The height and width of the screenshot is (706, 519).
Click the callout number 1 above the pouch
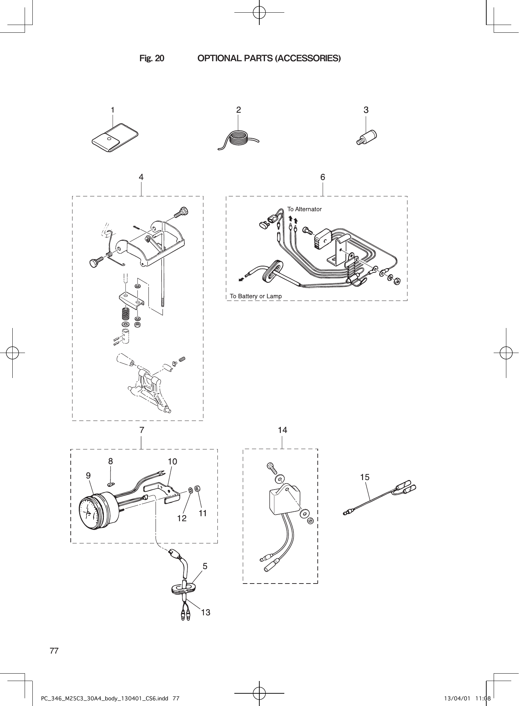click(x=113, y=110)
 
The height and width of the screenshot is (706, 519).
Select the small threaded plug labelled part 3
click(x=367, y=137)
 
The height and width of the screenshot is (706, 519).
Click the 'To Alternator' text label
click(x=304, y=209)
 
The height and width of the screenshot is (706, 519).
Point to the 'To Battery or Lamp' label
click(x=256, y=296)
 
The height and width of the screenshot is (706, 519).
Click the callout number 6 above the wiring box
click(x=323, y=177)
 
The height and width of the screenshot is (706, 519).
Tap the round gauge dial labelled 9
click(x=90, y=511)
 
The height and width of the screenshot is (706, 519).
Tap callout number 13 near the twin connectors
click(x=205, y=612)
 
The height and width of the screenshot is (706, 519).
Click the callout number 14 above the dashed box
click(x=283, y=430)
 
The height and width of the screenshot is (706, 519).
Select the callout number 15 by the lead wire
click(x=365, y=477)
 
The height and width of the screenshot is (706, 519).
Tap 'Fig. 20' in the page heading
click(x=152, y=58)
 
